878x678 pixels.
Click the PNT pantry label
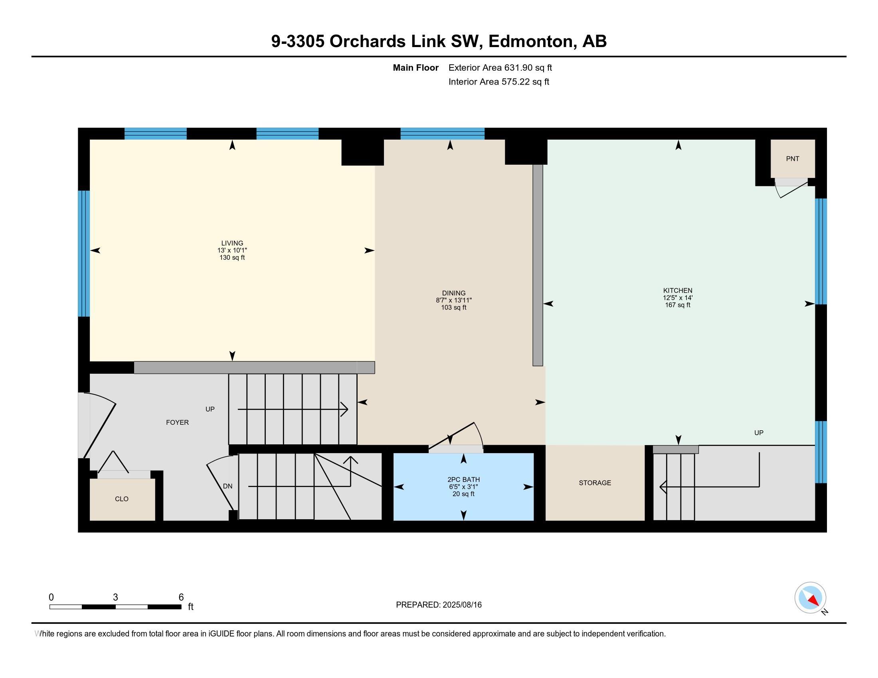pyautogui.click(x=792, y=159)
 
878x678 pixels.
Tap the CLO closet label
pyautogui.click(x=122, y=499)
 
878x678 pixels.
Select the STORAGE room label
pyautogui.click(x=595, y=483)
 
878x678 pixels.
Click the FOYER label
pyautogui.click(x=177, y=422)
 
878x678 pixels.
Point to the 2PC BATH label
pyautogui.click(x=463, y=479)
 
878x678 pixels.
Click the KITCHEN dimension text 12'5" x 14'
pyautogui.click(x=678, y=298)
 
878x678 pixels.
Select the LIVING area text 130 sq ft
pyautogui.click(x=232, y=258)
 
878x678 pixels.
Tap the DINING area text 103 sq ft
pyautogui.click(x=454, y=307)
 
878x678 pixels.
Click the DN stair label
pyautogui.click(x=227, y=486)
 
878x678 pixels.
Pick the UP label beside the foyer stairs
pyautogui.click(x=210, y=409)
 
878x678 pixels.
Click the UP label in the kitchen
pyautogui.click(x=759, y=433)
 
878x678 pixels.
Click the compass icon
pyautogui.click(x=810, y=598)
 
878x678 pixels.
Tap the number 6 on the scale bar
pyautogui.click(x=181, y=597)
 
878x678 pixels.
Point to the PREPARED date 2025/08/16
pyautogui.click(x=462, y=605)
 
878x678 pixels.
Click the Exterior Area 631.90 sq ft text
pyautogui.click(x=500, y=67)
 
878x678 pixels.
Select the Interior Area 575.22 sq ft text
pyautogui.click(x=499, y=81)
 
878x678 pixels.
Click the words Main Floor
pyautogui.click(x=416, y=67)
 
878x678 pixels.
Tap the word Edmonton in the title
pyautogui.click(x=531, y=41)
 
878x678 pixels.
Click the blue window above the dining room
pyautogui.click(x=442, y=134)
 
